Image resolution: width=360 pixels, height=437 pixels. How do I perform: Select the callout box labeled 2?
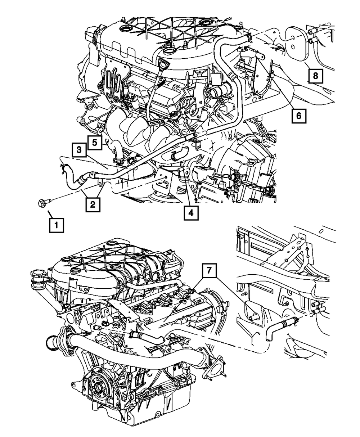click(x=93, y=205)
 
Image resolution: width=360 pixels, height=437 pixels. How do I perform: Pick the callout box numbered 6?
click(x=298, y=116)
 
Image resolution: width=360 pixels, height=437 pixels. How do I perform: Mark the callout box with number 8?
click(x=315, y=76)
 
